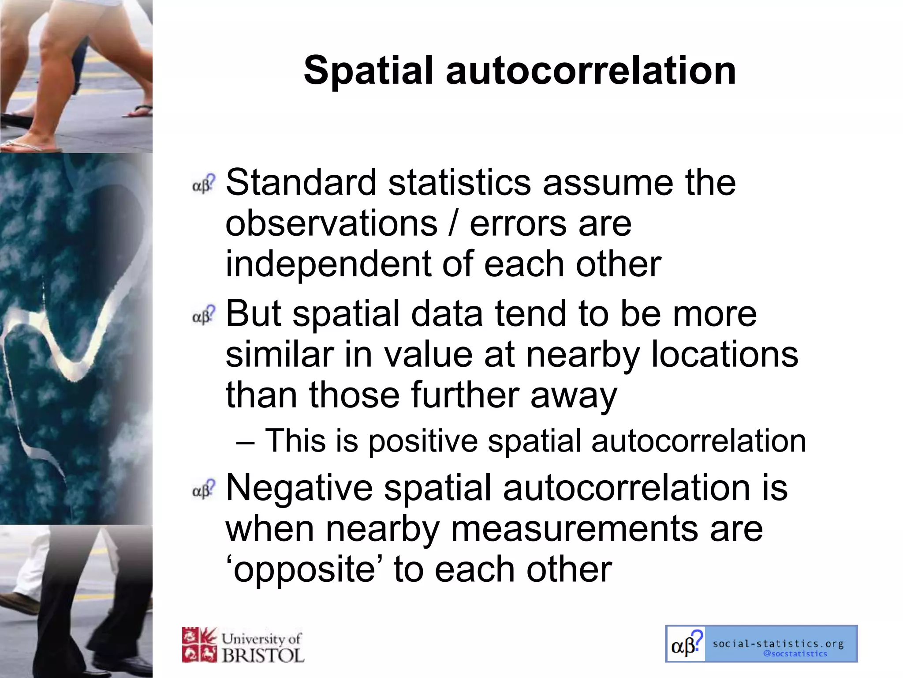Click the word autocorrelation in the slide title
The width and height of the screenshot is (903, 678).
pyautogui.click(x=591, y=71)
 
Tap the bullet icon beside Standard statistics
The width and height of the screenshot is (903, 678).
pyautogui.click(x=204, y=184)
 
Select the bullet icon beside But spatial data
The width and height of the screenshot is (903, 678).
pyautogui.click(x=204, y=314)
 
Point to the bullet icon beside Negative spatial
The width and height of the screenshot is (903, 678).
pyautogui.click(x=204, y=489)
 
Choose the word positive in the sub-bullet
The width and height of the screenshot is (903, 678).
pyautogui.click(x=423, y=441)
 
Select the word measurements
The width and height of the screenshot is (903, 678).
pyautogui.click(x=575, y=528)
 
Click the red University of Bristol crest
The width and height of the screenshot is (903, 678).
pyautogui.click(x=199, y=645)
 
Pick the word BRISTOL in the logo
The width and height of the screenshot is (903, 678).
pyautogui.click(x=263, y=655)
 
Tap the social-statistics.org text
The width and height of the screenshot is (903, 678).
pyautogui.click(x=778, y=644)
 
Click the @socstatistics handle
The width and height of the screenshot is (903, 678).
pyautogui.click(x=795, y=654)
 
